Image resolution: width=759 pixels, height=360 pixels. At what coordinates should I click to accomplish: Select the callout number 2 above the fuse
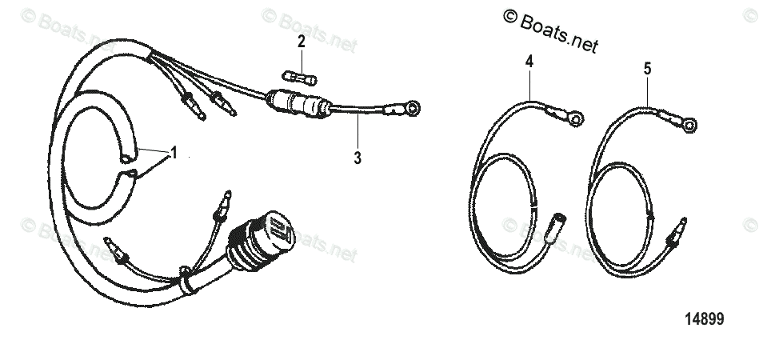point(301,42)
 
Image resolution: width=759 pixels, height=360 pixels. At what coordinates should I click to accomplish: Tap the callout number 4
point(529,61)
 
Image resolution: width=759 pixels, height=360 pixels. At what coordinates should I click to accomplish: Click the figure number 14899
point(704,319)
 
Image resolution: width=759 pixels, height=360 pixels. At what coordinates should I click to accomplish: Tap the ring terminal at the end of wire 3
point(413,108)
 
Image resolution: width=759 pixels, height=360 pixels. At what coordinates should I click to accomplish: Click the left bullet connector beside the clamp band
point(123,254)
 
